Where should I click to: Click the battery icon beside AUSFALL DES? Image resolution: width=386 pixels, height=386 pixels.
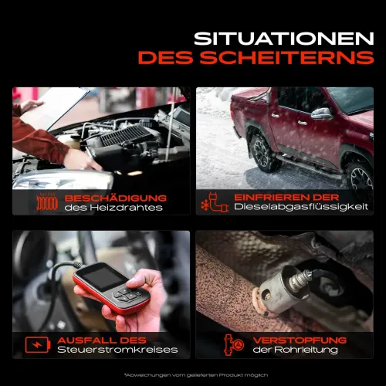click(x=36, y=344)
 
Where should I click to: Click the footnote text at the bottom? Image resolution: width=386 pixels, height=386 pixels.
click(x=192, y=374)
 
